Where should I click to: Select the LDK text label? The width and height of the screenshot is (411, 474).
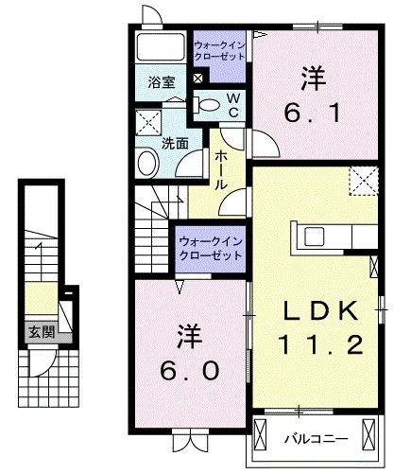point(318,311)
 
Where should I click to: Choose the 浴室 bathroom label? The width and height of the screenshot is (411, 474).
point(161,81)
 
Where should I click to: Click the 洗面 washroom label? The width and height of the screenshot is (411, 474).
point(173,144)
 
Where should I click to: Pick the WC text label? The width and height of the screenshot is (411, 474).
point(231,105)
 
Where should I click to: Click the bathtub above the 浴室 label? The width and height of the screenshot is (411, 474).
point(161,48)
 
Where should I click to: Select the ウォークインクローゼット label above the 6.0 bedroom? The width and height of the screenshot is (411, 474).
point(211,247)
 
